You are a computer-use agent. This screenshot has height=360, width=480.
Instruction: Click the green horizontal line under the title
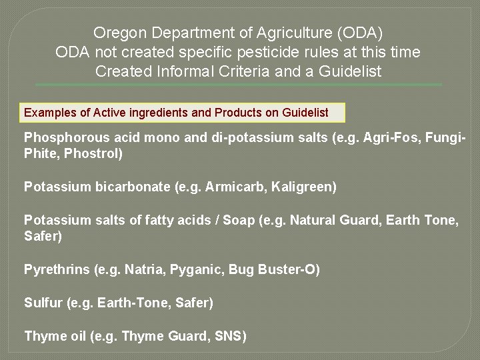coord(238,85)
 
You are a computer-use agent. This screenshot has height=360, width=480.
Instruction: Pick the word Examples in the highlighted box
coord(50,113)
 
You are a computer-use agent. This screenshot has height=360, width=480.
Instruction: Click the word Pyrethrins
coord(57,270)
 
